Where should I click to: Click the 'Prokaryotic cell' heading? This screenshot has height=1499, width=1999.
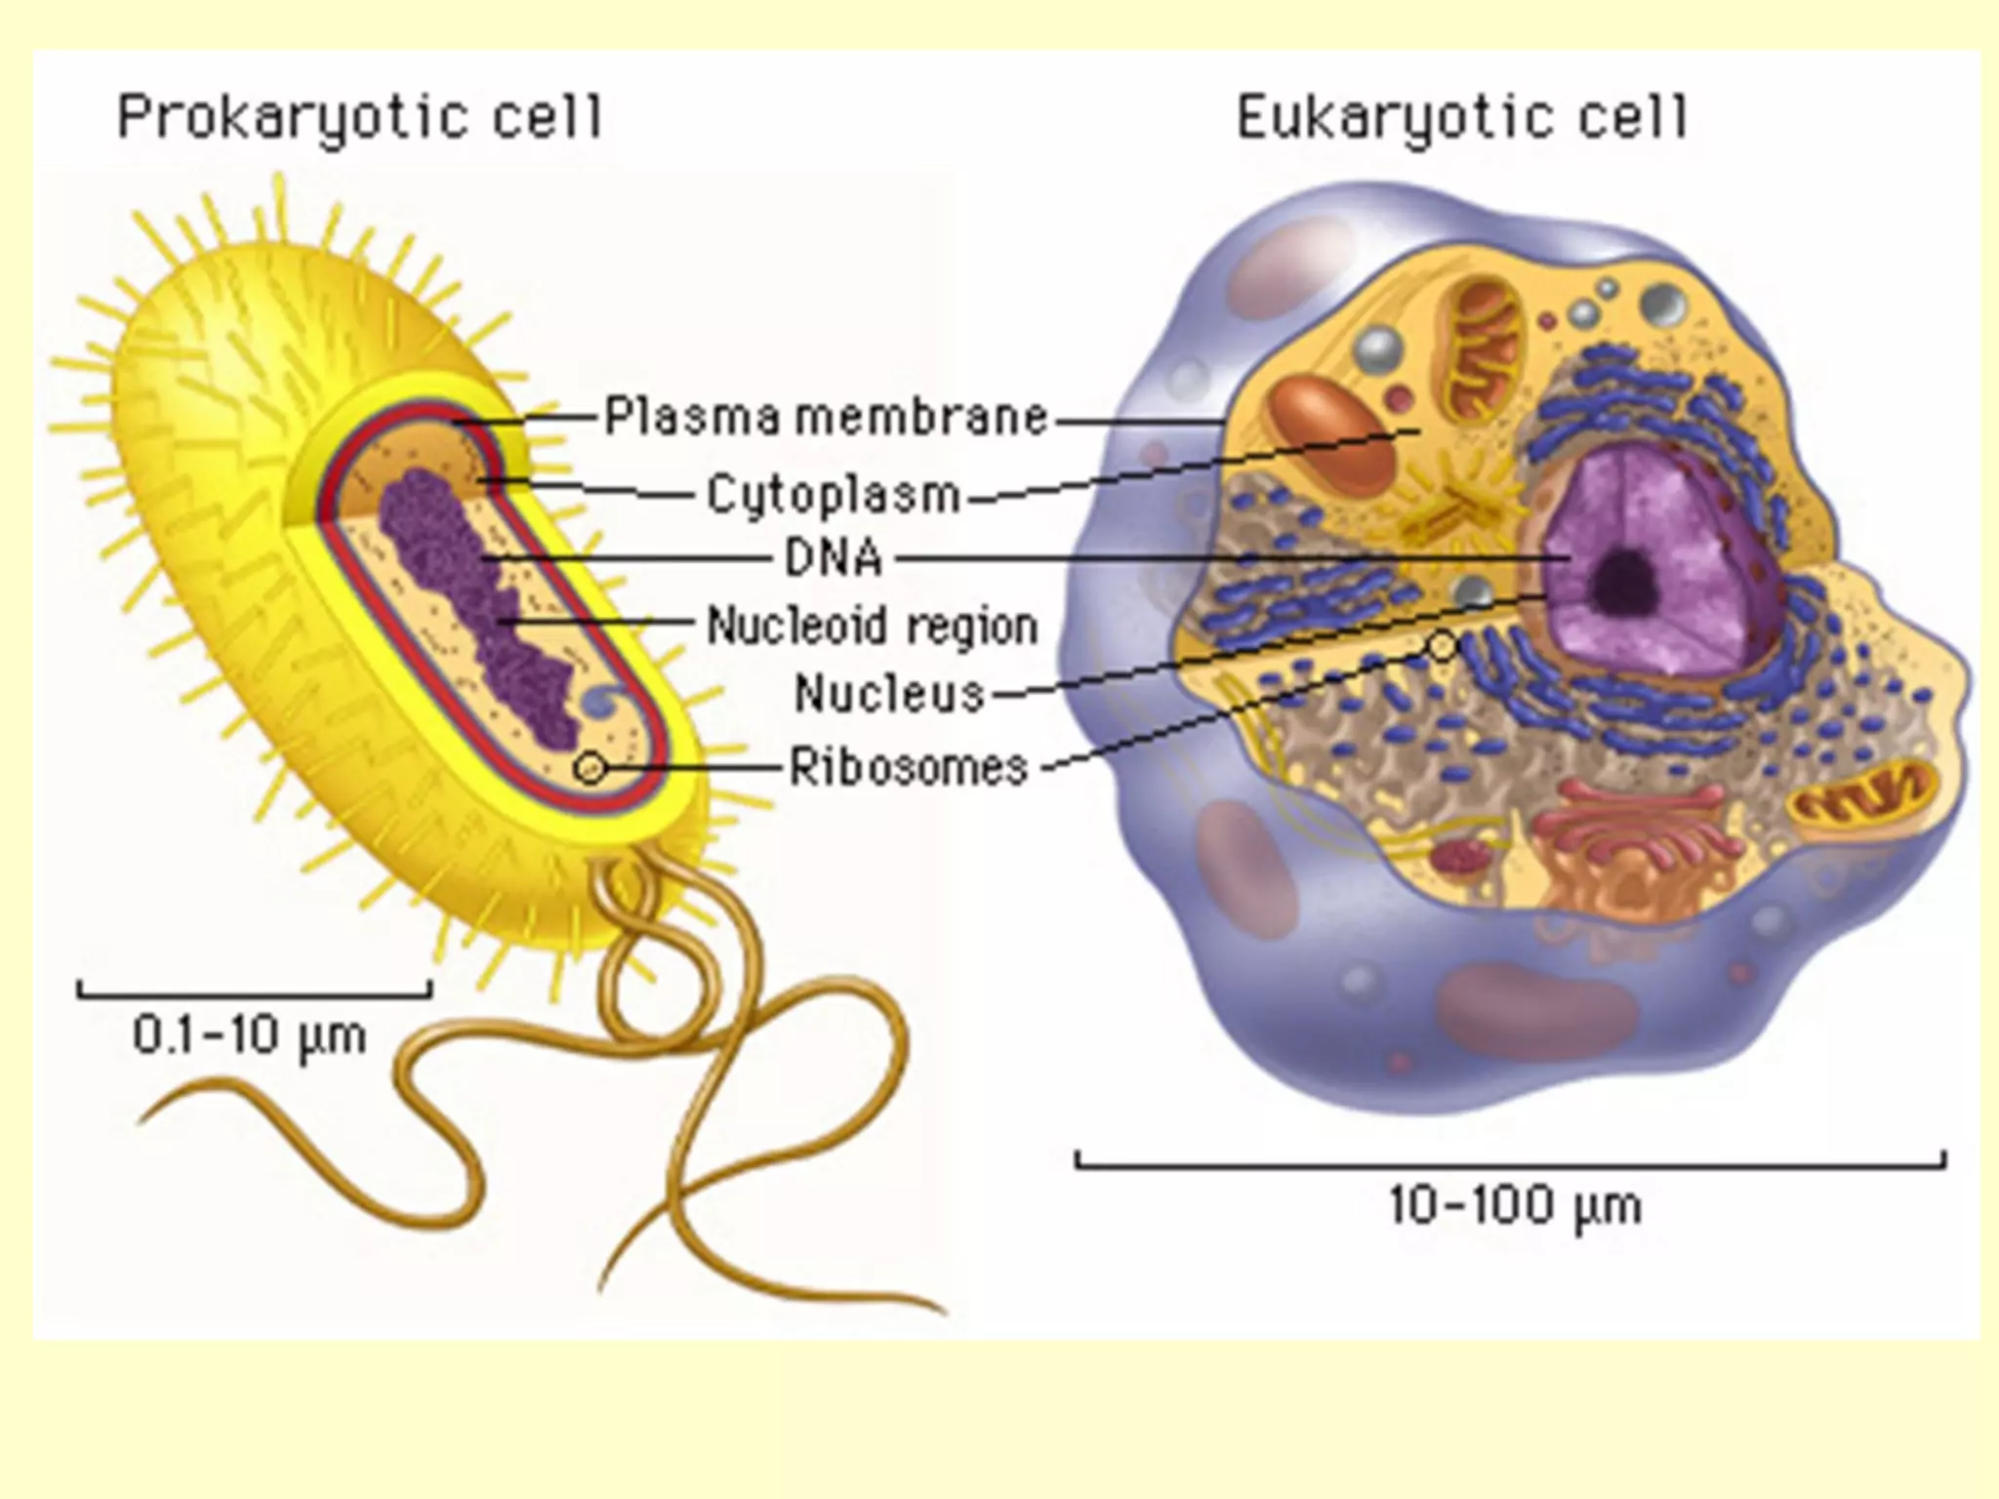[359, 119]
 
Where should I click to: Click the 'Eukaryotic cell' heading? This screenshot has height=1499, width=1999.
[1461, 119]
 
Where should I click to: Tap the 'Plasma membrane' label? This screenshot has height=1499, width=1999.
[826, 418]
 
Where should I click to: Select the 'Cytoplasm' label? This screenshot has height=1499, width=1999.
[834, 494]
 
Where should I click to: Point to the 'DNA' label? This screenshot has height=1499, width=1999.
[834, 559]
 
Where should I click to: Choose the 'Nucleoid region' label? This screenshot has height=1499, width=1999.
[872, 626]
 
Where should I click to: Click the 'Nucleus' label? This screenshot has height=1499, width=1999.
[889, 694]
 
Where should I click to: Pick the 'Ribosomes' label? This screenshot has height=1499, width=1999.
[909, 767]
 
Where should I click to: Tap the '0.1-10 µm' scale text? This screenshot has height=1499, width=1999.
[250, 1034]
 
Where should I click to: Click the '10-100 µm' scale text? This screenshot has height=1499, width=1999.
[1515, 1206]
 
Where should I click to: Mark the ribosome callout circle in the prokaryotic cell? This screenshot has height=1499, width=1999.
[590, 768]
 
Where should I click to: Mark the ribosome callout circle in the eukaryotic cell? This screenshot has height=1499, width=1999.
[1443, 645]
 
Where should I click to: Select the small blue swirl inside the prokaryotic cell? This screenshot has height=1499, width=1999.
[603, 700]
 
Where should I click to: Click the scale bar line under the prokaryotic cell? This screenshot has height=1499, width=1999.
[254, 995]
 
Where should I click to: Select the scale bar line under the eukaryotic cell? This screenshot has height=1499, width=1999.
[1510, 1164]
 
